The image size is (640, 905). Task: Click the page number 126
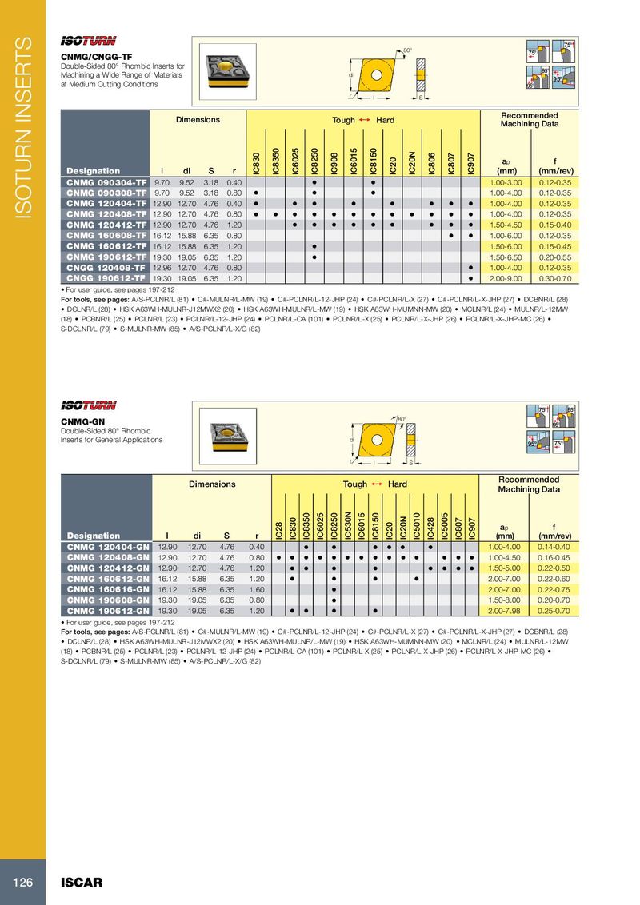click(22, 883)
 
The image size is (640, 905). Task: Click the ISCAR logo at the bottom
click(82, 883)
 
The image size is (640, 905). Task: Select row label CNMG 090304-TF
click(106, 183)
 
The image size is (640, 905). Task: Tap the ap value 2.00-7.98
click(506, 612)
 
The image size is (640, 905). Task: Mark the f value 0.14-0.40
click(554, 546)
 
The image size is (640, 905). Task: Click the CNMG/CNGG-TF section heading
click(97, 57)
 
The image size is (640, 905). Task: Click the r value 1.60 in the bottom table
click(256, 591)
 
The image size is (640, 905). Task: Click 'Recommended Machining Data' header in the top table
click(529, 120)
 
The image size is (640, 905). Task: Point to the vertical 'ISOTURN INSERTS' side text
click(23, 128)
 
